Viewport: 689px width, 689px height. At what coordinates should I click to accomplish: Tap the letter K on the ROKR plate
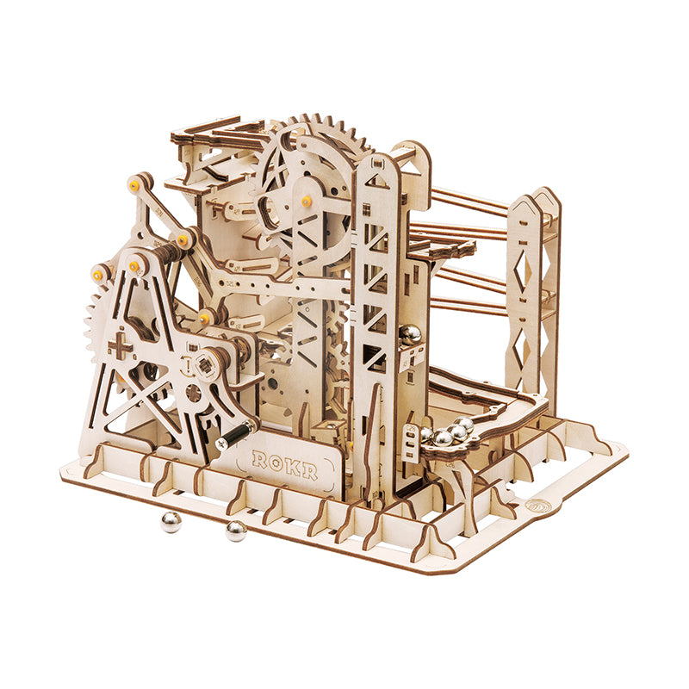(293, 461)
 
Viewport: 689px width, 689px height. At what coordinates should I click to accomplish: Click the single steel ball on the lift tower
(412, 332)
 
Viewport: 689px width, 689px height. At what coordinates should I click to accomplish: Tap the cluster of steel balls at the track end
(446, 433)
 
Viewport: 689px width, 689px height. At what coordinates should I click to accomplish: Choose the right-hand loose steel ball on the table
(235, 531)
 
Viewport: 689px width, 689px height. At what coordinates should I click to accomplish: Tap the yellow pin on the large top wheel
(307, 201)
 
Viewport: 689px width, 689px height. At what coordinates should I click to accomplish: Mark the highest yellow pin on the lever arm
(135, 184)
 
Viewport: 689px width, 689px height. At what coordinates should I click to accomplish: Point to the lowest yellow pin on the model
(205, 319)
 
